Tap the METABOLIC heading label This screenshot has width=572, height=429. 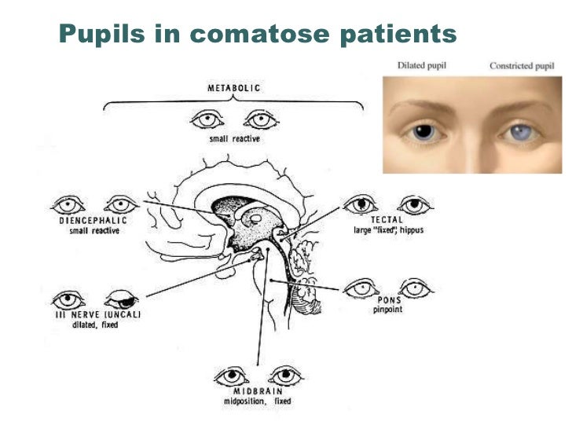coord(233,89)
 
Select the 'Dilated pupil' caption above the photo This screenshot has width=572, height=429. coord(421,66)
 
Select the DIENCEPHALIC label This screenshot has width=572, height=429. coord(93,221)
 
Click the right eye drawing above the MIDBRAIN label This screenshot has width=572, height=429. coord(285,373)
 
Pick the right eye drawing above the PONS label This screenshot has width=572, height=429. coord(415,288)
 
